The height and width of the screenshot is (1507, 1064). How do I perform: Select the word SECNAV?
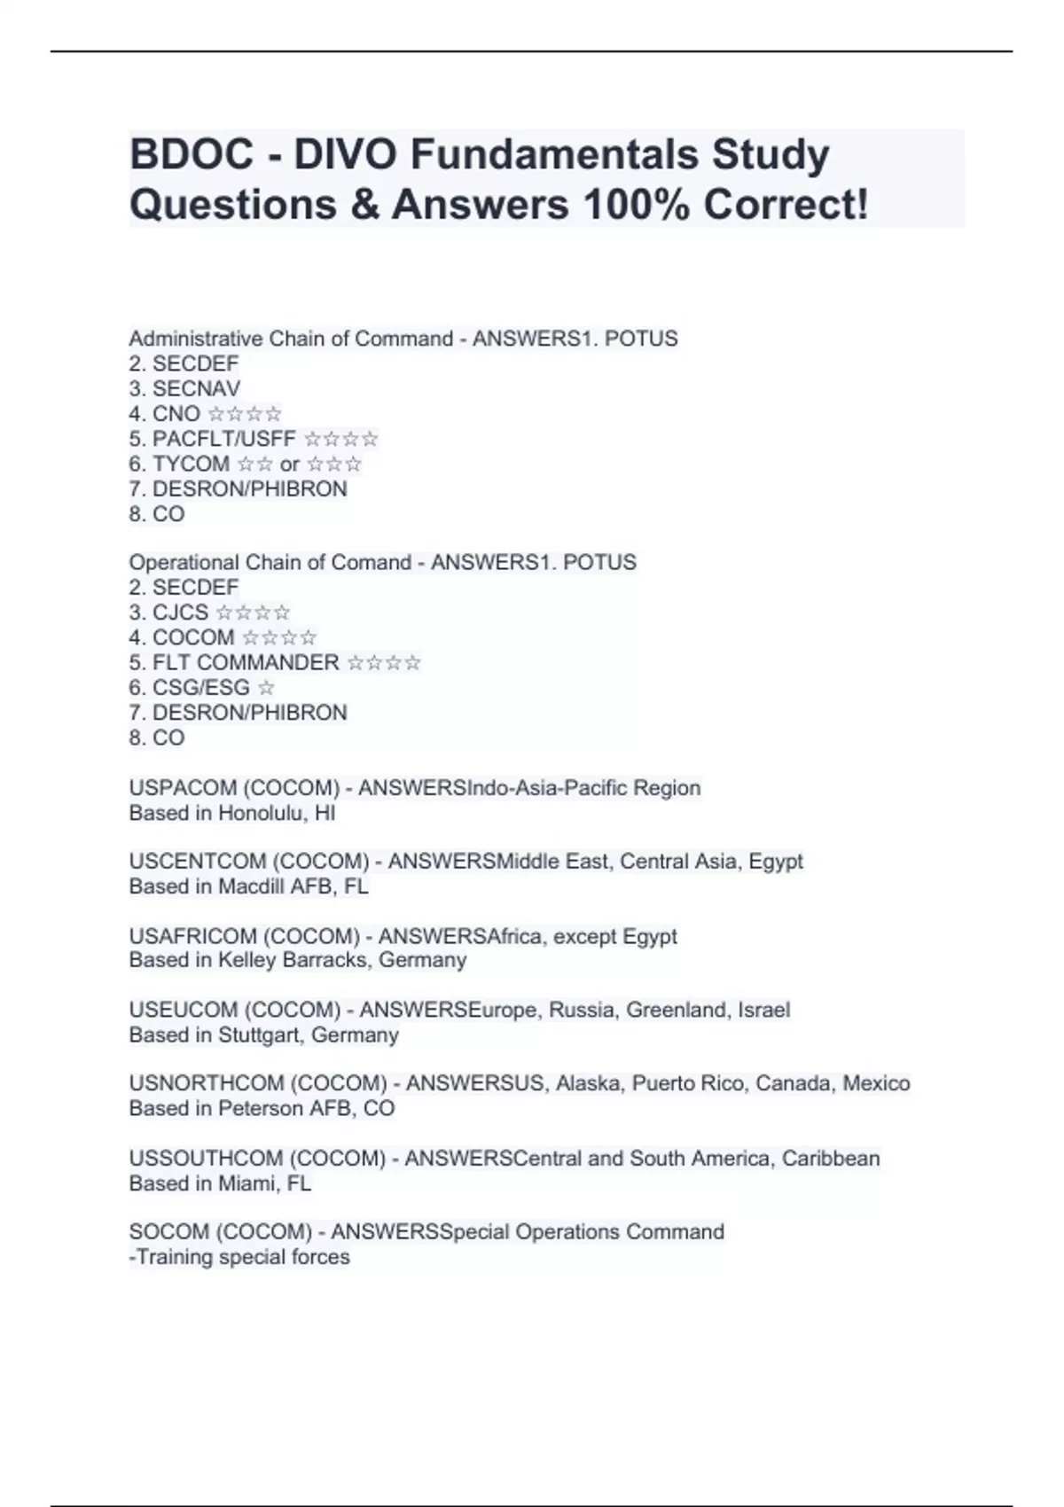(x=196, y=388)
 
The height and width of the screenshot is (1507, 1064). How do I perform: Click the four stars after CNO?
(x=245, y=414)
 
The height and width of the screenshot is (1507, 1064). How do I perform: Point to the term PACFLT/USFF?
(x=224, y=439)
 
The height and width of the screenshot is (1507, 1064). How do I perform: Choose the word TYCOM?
(x=191, y=464)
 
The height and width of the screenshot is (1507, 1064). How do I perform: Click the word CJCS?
(x=180, y=613)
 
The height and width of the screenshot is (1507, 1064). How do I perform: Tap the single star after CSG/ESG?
(x=266, y=688)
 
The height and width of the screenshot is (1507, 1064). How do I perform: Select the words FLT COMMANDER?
(x=246, y=662)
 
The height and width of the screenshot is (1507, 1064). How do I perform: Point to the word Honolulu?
(x=261, y=813)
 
